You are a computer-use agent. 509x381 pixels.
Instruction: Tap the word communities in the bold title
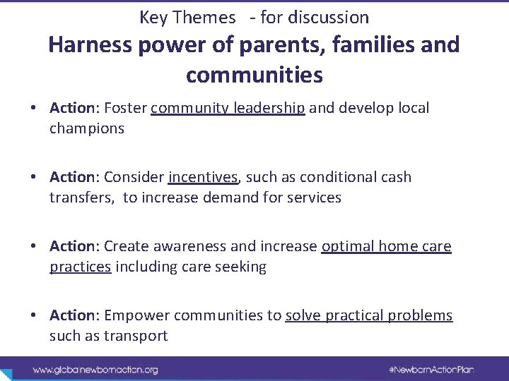(x=255, y=74)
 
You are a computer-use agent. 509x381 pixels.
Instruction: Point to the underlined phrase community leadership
(x=228, y=109)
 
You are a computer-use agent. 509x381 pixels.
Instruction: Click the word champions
(x=87, y=128)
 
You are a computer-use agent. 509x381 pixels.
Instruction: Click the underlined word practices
(x=81, y=267)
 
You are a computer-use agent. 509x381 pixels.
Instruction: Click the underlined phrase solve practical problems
(x=368, y=315)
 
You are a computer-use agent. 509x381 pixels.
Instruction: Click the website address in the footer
(x=96, y=369)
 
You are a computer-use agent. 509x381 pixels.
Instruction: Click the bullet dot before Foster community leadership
(x=34, y=109)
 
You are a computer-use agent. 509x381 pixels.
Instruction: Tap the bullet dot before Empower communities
(x=34, y=315)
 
